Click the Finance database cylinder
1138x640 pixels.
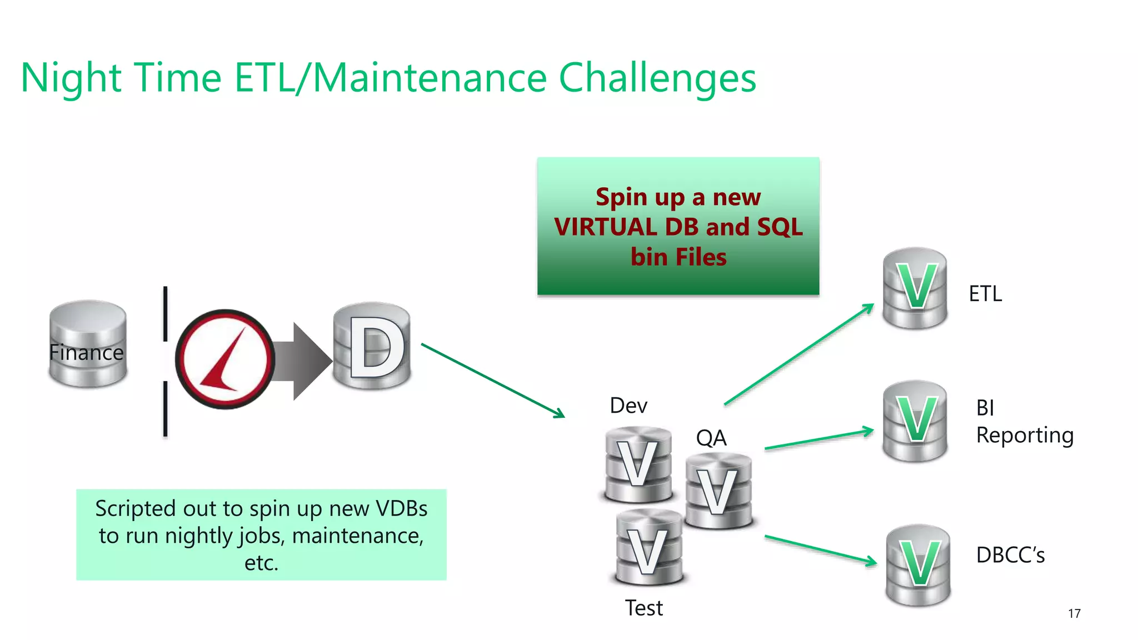pos(88,344)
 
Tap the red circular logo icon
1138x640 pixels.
pos(225,359)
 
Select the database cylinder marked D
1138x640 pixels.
pos(372,346)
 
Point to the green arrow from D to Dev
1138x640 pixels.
pos(492,380)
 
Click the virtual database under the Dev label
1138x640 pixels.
pos(638,464)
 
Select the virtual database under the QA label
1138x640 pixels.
pos(718,491)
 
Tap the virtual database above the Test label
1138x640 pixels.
pos(648,548)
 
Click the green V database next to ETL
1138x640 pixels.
pos(915,288)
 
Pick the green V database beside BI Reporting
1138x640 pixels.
pos(915,421)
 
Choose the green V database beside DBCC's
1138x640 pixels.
pos(918,565)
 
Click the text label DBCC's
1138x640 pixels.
pos(1010,555)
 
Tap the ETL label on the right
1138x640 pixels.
pos(985,293)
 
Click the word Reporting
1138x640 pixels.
pos(1025,435)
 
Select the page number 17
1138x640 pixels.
pos(1074,613)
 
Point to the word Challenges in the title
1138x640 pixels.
pos(657,78)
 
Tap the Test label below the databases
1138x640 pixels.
pos(643,608)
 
